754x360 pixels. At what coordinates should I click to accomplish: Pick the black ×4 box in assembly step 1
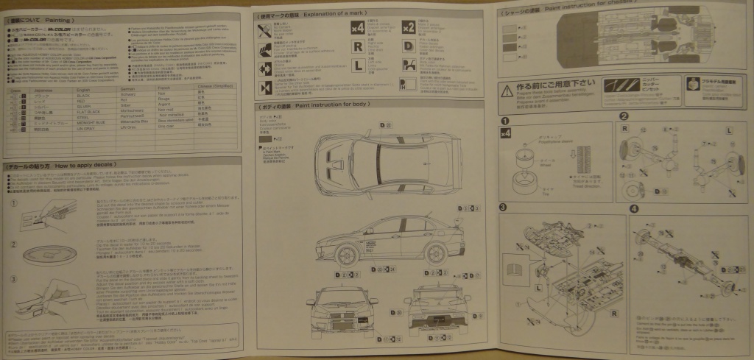(505, 133)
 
